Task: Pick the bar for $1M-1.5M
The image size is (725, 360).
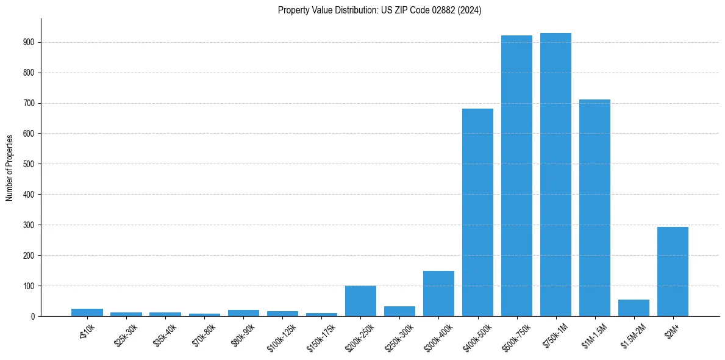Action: click(x=595, y=208)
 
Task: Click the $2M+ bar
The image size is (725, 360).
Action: click(x=673, y=272)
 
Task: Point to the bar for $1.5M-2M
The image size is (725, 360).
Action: click(x=634, y=308)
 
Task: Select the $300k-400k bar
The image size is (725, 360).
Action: click(x=438, y=293)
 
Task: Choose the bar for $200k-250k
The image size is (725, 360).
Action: click(x=360, y=301)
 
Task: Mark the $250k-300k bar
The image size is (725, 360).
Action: click(x=399, y=311)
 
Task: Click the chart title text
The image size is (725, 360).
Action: click(x=379, y=10)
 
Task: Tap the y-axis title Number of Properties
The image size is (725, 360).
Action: click(x=9, y=167)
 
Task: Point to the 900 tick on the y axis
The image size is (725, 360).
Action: click(x=29, y=42)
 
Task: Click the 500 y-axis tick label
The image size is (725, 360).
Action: click(x=29, y=164)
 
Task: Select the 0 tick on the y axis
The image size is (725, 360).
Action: click(x=33, y=316)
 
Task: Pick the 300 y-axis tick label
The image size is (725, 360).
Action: click(x=29, y=225)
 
